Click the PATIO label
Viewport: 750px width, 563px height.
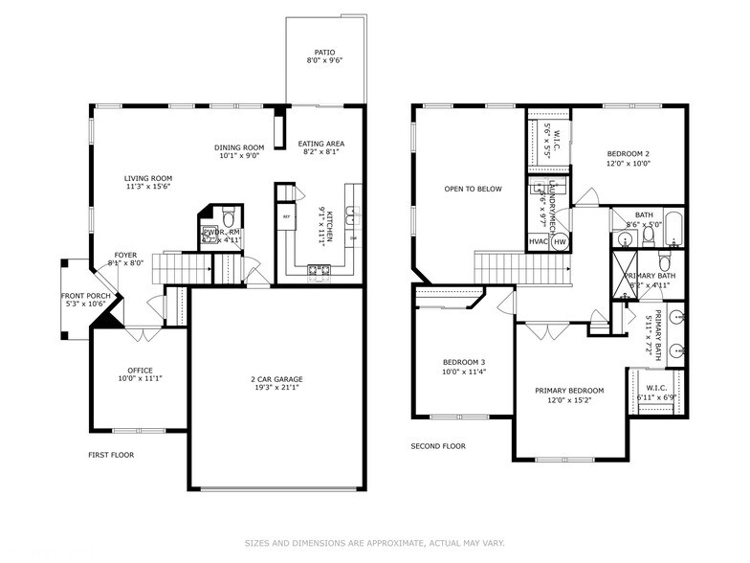325,53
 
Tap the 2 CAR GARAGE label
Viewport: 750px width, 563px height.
277,379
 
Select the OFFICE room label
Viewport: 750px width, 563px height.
140,371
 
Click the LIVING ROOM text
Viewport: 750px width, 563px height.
147,178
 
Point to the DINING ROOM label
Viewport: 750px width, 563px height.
238,146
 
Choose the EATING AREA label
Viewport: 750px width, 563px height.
320,144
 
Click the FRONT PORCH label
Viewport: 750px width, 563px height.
83,296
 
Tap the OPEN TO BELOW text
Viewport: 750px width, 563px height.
473,189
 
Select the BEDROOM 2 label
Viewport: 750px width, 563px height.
629,154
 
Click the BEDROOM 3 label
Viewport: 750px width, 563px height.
462,362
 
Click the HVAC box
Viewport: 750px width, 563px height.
539,242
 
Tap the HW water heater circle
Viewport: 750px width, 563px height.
560,242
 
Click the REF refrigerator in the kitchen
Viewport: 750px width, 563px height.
285,217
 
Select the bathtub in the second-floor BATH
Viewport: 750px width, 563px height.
674,227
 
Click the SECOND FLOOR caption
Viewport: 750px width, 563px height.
438,446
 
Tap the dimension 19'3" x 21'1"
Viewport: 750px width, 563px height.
277,388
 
